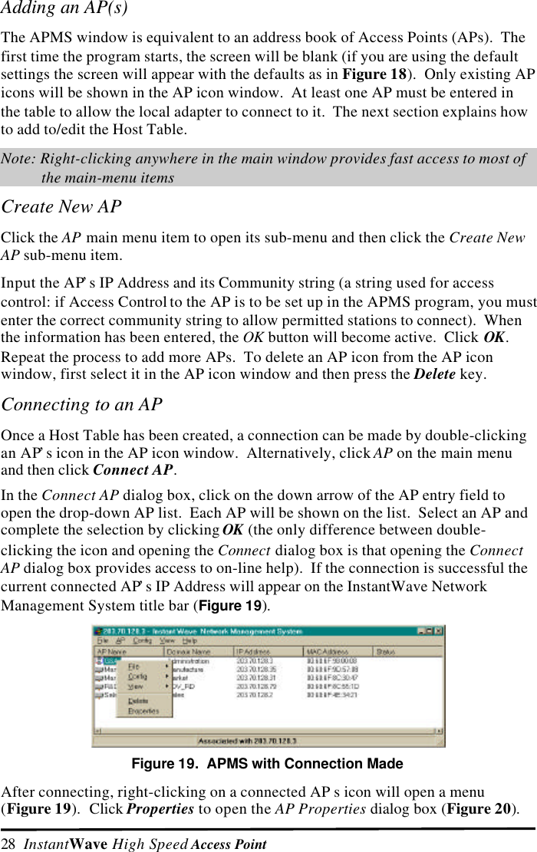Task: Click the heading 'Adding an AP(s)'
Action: pos(64,9)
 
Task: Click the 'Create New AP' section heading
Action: pos(61,207)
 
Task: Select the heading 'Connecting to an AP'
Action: pos(82,404)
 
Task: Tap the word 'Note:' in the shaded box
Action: pos(19,160)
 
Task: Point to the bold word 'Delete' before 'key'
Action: pos(434,374)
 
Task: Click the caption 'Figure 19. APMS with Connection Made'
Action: pos(268,764)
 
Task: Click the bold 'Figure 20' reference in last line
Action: pos(486,811)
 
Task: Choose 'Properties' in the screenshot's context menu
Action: pos(143,711)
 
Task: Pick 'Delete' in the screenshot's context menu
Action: pos(138,700)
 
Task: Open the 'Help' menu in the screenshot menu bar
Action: pos(189,641)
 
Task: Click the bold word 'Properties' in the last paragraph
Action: pos(160,811)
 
